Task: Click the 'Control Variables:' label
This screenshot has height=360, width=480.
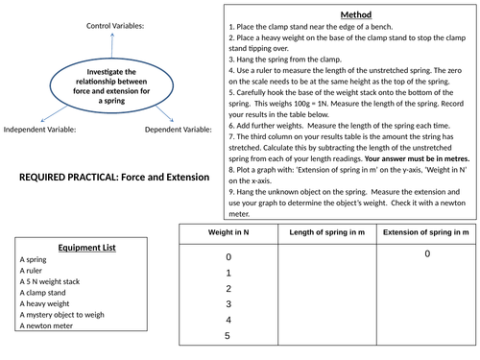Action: [x=115, y=25]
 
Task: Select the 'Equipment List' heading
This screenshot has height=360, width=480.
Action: [x=87, y=247]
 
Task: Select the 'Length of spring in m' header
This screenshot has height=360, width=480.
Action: [x=325, y=233]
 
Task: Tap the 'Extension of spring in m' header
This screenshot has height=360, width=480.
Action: [x=426, y=233]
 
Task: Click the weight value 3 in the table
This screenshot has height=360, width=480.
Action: [x=228, y=303]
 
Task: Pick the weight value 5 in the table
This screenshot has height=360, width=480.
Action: [x=228, y=336]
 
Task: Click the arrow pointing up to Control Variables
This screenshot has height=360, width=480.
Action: [x=111, y=46]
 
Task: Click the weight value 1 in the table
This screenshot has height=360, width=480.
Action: [x=228, y=273]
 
